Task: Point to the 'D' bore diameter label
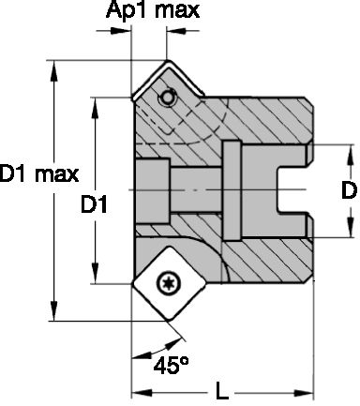[348, 190]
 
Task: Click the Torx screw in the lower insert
[170, 279]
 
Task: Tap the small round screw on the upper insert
[166, 98]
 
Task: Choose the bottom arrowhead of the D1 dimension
[95, 278]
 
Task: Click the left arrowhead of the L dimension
[136, 391]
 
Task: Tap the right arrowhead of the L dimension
[307, 391]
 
